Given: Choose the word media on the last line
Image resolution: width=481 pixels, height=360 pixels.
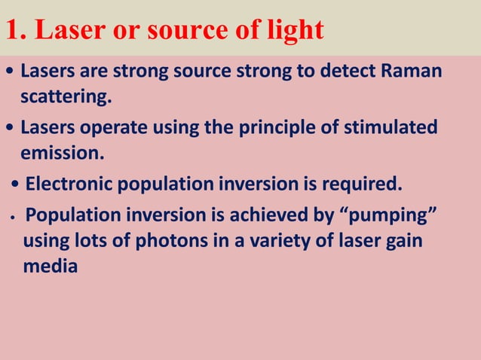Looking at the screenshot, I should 50,267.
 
